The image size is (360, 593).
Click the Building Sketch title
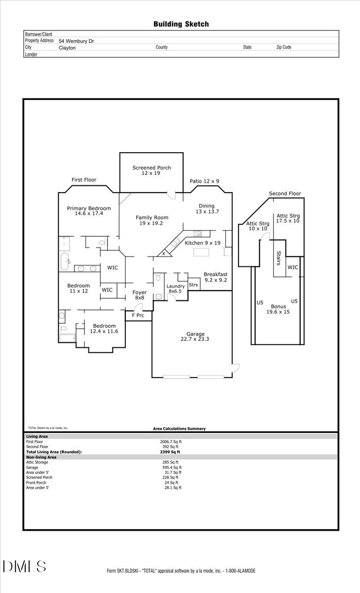(x=181, y=24)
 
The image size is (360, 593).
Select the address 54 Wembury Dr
(x=76, y=42)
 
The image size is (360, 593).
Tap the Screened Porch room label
(x=152, y=170)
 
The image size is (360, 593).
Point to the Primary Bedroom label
(x=89, y=211)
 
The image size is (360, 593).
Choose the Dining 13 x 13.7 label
(x=206, y=209)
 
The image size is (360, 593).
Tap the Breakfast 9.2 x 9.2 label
(x=215, y=277)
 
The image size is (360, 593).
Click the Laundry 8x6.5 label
(x=175, y=289)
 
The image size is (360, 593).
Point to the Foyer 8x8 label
(x=140, y=295)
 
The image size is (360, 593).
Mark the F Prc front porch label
(x=138, y=315)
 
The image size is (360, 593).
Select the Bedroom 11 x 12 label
(x=79, y=289)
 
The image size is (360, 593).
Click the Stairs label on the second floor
(x=279, y=258)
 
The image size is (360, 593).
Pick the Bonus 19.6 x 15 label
(x=278, y=309)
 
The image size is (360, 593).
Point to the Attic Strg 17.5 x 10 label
(x=288, y=218)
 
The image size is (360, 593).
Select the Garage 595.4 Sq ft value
(x=173, y=467)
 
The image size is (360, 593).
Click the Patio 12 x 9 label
(x=204, y=181)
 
